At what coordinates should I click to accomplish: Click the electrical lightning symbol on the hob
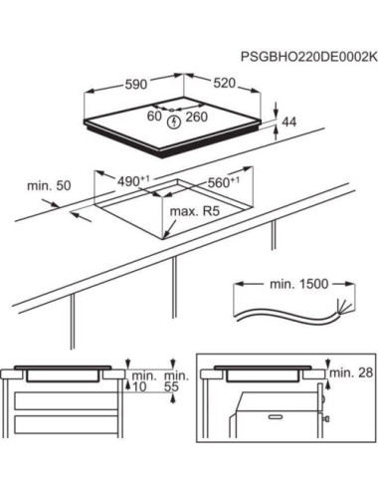pos(176,122)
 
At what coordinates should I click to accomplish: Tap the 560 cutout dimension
pos(222,183)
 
